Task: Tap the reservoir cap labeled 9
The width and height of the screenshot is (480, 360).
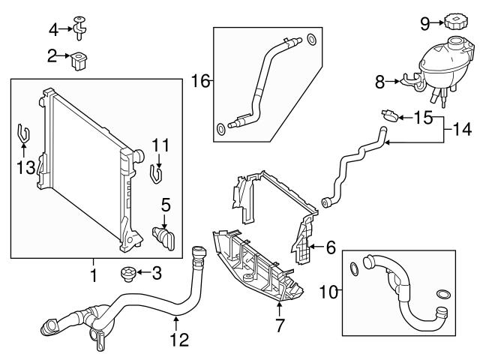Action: (x=455, y=22)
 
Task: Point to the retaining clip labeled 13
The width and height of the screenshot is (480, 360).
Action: (x=24, y=135)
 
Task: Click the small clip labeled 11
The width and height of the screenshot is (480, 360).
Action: (x=157, y=172)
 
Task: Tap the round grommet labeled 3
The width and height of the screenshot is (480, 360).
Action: (x=127, y=273)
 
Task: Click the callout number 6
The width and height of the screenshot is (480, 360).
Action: (x=330, y=246)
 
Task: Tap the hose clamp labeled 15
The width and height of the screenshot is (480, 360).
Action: (x=388, y=116)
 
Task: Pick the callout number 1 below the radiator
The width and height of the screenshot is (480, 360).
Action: (x=94, y=276)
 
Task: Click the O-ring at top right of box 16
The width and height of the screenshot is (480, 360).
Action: (x=313, y=39)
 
